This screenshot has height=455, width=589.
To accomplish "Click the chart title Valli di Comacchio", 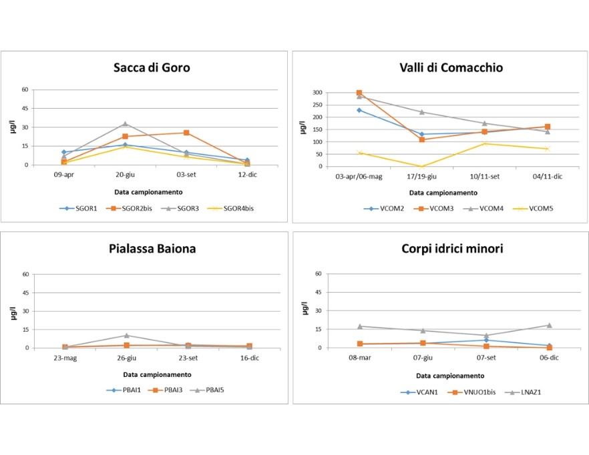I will pyautogui.click(x=441, y=67).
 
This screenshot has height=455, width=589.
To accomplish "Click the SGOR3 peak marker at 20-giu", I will pyautogui.click(x=125, y=123).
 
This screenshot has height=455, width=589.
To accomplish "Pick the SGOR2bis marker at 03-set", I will pyautogui.click(x=186, y=133).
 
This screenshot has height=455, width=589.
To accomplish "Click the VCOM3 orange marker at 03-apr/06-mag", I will pyautogui.click(x=359, y=93).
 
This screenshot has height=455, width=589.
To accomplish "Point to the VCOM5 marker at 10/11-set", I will pyautogui.click(x=485, y=143).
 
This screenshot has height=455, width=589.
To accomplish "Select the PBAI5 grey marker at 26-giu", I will pyautogui.click(x=125, y=335).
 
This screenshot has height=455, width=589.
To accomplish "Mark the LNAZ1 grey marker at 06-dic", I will pyautogui.click(x=549, y=325).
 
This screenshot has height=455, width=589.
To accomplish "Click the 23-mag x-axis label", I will pyautogui.click(x=64, y=358).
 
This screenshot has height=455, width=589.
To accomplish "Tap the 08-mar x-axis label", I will pyautogui.click(x=360, y=358).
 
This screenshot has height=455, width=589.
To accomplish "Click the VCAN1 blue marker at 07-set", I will pyautogui.click(x=486, y=340).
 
